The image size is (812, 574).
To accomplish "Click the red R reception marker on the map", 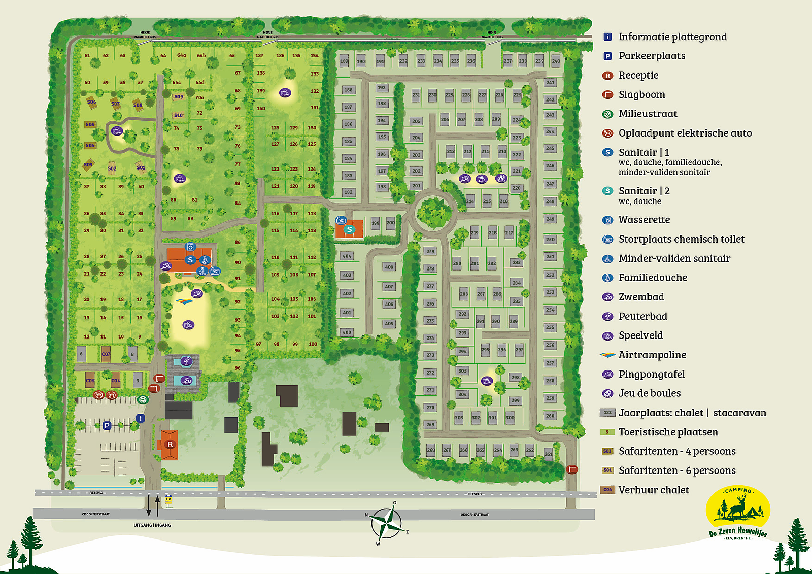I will (170, 444).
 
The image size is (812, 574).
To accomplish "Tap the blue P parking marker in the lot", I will (107, 426).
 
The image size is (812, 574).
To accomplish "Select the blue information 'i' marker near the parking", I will (141, 418).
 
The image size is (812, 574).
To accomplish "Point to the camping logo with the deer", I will (738, 513).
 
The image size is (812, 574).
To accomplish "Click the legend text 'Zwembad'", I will (641, 297).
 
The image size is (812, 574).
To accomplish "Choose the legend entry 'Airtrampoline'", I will (652, 355).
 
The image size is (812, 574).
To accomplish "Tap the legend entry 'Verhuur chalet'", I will (654, 490).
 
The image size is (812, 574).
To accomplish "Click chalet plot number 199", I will (376, 223).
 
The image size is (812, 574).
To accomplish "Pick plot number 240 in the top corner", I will (556, 61).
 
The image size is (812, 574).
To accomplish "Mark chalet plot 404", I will (347, 256).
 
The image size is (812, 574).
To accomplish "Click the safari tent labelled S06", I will (91, 102).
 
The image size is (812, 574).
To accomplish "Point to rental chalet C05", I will (90, 380).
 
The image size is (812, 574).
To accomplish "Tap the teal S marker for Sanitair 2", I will (349, 230).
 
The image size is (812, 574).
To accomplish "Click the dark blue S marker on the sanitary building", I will (190, 260).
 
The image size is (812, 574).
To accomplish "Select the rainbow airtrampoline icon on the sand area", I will (184, 301).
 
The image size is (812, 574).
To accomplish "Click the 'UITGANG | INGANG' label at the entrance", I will (152, 525).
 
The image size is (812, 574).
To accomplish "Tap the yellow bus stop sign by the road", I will (168, 499).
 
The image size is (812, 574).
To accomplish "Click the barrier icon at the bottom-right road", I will (572, 469).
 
